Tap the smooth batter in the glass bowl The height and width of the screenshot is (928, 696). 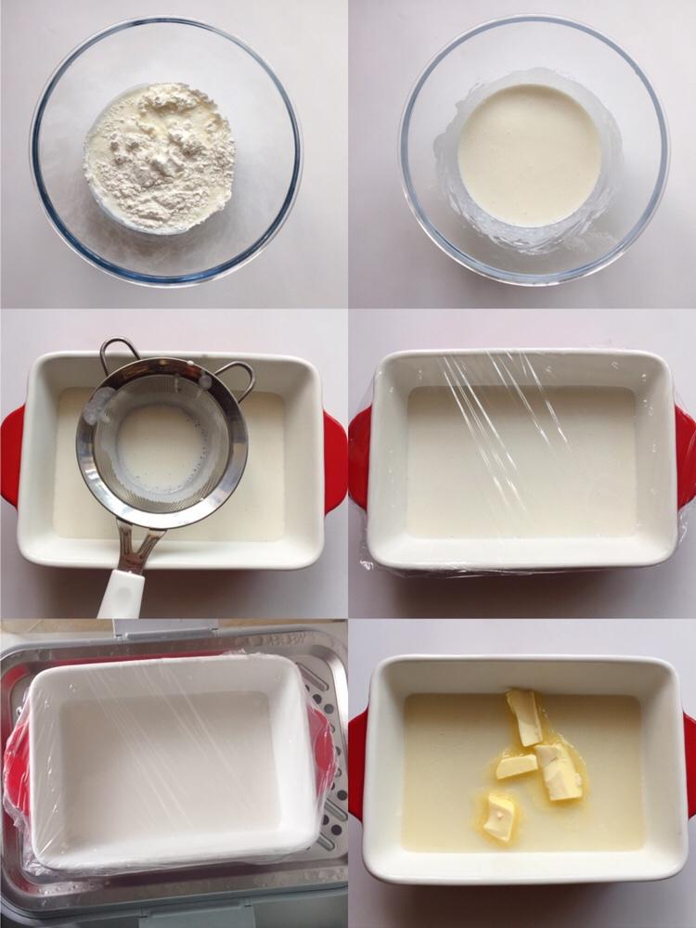[x=530, y=153]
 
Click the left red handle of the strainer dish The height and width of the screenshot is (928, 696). [x=10, y=455]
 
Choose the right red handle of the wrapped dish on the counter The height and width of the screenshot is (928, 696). [x=686, y=455]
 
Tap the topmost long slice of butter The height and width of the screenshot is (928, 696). [x=525, y=716]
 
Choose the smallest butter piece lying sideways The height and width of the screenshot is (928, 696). [x=516, y=766]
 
